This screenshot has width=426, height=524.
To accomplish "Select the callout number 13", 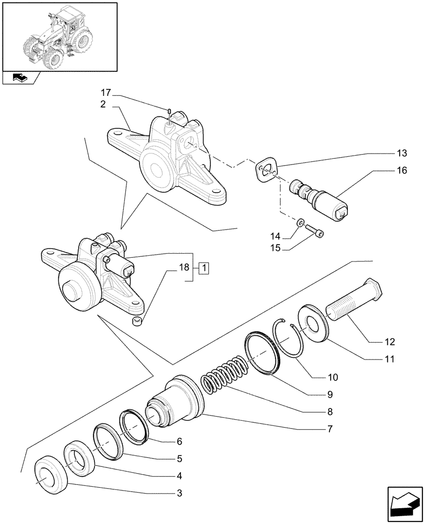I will click(402, 153).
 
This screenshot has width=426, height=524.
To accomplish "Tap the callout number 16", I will click(402, 170).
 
